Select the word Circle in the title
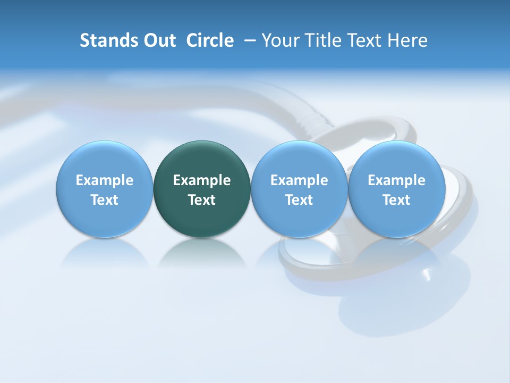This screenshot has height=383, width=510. pos(210,40)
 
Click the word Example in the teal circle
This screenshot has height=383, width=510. pos(202,180)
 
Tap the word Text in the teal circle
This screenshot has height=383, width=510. pos(202,200)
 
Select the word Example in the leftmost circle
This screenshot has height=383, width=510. pos(104,180)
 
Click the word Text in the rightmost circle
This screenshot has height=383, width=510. pos(396,200)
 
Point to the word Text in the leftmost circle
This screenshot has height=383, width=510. pos(104,200)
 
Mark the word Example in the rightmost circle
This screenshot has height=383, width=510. pos(396,180)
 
